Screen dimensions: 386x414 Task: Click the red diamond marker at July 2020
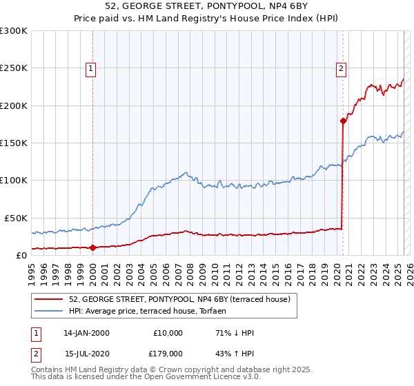coord(343,121)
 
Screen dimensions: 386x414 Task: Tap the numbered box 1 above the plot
coord(92,68)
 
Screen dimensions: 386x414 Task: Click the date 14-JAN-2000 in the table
coord(86,333)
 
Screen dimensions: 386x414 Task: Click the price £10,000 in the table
coord(168,333)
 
